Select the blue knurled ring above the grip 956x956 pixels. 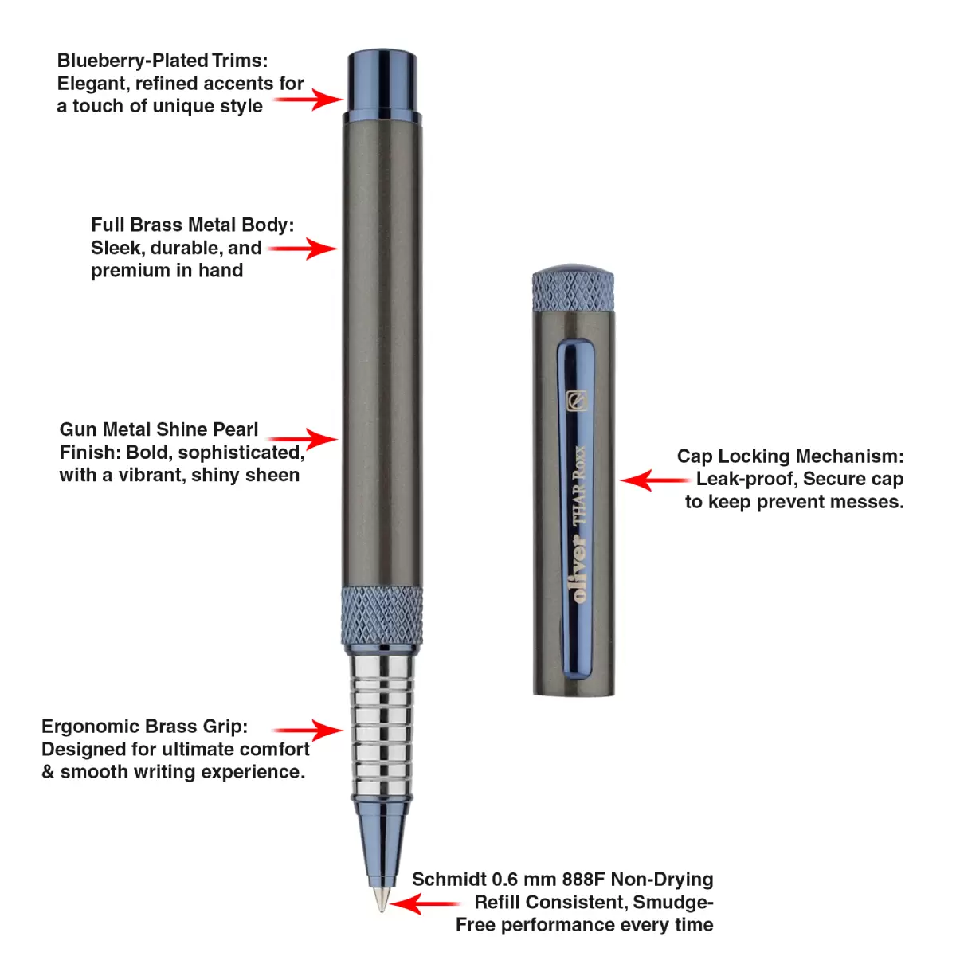pyautogui.click(x=382, y=615)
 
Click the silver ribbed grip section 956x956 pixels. pyautogui.click(x=382, y=725)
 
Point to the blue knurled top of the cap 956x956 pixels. pyautogui.click(x=573, y=290)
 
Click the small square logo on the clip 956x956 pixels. pyautogui.click(x=576, y=400)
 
